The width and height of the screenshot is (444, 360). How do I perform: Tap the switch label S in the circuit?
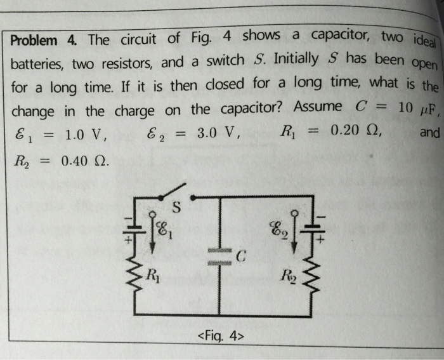(177, 207)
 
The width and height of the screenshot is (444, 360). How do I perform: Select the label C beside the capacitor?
(238, 256)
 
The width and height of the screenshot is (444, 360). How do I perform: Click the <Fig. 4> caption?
(221, 336)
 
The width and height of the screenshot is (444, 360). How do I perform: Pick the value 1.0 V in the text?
(86, 135)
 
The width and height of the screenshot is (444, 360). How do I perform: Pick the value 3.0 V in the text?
(216, 134)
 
